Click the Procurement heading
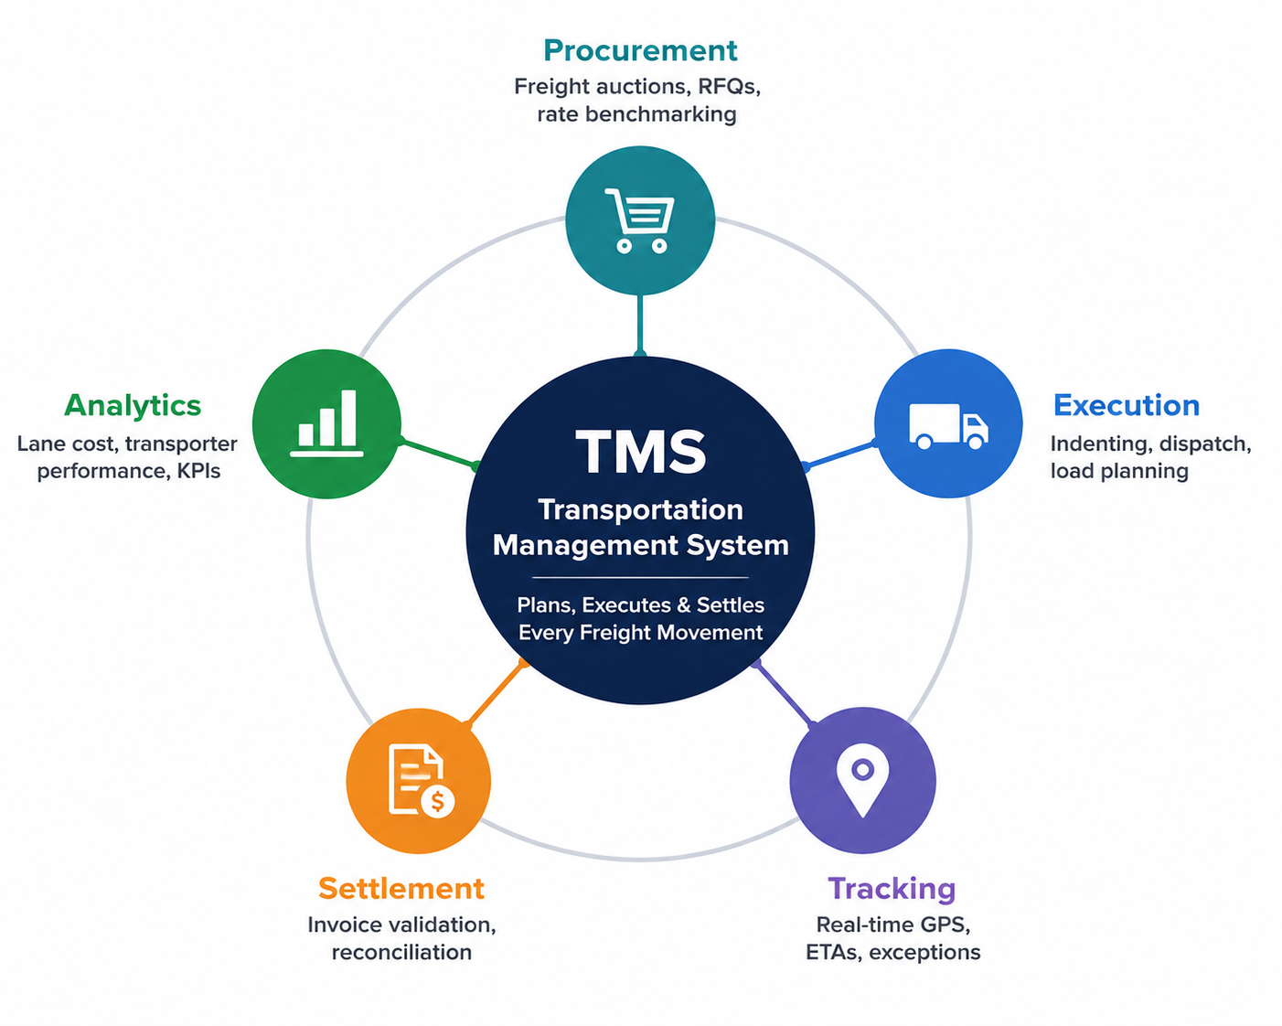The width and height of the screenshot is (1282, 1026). tap(640, 50)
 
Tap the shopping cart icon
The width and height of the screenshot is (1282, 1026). tap(639, 220)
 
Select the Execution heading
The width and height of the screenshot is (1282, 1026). tap(1126, 405)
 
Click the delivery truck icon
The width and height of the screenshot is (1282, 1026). tap(948, 426)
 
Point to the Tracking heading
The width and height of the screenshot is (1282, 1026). tap(892, 888)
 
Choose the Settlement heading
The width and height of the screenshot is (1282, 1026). tap(401, 888)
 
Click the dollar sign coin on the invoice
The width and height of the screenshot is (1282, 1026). tap(438, 801)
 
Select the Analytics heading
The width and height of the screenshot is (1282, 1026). tap(133, 406)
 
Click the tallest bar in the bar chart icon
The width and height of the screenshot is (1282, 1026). tap(348, 418)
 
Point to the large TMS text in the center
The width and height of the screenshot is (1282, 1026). tap(640, 453)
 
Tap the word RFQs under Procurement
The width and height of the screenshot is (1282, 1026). tap(729, 87)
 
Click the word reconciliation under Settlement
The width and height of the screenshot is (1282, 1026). tap(401, 952)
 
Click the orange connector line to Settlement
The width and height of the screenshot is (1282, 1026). tap(496, 693)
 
